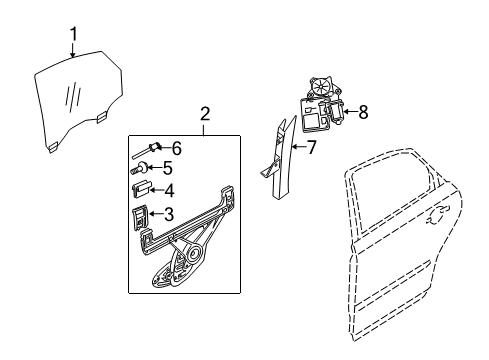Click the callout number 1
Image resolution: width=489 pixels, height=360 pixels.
74,34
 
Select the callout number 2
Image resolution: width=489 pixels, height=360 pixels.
205,114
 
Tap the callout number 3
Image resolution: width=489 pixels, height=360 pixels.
169,214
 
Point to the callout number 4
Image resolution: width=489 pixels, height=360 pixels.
169,191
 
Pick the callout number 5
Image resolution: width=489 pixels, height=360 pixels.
167,168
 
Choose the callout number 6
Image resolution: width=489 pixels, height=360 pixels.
177,148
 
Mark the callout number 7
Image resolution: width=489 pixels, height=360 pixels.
311,147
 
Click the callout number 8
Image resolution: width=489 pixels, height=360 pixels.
363,112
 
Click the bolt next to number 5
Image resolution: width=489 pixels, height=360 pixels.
139,168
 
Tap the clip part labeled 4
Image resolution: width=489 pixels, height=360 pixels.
142,189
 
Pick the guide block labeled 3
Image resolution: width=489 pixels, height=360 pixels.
140,217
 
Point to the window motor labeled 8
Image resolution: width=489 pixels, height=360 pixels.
323,104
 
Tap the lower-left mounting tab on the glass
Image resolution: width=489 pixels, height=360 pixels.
53,147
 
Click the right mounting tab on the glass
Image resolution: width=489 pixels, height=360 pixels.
102,117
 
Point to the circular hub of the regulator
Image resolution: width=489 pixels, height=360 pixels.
193,254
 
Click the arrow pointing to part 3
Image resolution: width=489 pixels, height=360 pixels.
156,214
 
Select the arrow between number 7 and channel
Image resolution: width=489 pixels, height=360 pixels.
298,147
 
